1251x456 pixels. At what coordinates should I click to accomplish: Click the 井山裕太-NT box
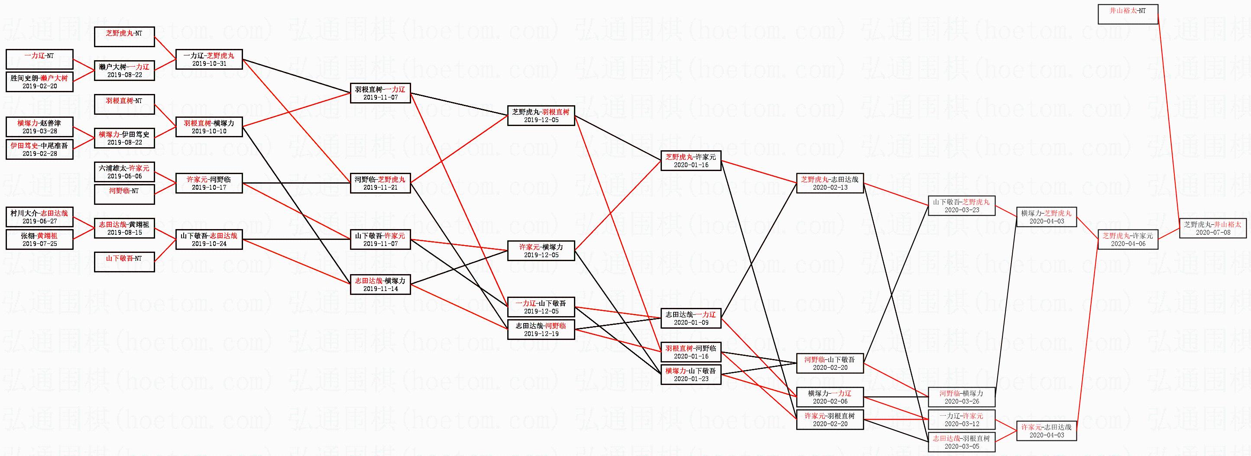point(1128,14)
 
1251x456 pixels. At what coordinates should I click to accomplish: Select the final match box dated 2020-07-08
point(1212,228)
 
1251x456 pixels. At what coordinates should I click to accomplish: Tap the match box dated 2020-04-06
point(1128,239)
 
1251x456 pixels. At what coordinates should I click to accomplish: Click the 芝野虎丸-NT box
point(124,37)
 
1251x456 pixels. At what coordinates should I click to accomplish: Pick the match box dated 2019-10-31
point(209,59)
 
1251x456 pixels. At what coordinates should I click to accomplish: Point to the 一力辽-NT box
point(39,59)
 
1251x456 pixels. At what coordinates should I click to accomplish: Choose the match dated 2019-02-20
point(39,81)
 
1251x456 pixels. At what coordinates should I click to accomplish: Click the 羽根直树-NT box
point(124,104)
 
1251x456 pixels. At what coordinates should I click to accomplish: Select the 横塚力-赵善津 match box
point(39,127)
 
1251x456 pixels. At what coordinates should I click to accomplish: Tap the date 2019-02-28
point(39,153)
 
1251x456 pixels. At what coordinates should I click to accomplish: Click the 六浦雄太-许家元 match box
point(124,172)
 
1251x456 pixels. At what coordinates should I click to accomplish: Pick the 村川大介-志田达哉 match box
point(39,217)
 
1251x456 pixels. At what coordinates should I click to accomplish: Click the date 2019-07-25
point(39,244)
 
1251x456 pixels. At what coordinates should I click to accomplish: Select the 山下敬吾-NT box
point(124,262)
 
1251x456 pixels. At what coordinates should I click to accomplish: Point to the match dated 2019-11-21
point(380,183)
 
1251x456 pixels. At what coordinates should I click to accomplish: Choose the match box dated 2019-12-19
point(541,329)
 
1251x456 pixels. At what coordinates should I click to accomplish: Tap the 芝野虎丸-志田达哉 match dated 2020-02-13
point(830,183)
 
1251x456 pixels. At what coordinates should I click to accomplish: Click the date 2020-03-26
point(962,401)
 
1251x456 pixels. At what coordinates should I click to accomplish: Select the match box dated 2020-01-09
point(690,318)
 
